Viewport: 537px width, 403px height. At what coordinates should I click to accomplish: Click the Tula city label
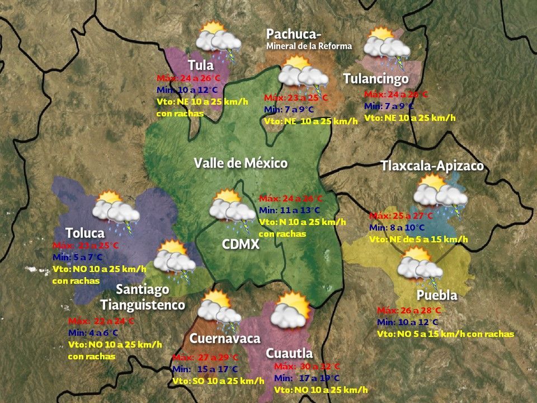pyautogui.click(x=201, y=65)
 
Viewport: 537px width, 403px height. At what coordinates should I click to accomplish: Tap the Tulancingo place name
pyautogui.click(x=375, y=79)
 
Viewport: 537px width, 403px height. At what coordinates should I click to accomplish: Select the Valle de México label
pyautogui.click(x=241, y=163)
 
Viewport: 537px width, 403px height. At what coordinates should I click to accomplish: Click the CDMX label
pyautogui.click(x=241, y=245)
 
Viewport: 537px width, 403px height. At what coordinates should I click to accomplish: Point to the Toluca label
pyautogui.click(x=85, y=233)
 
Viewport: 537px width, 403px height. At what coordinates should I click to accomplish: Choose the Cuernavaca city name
pyautogui.click(x=225, y=339)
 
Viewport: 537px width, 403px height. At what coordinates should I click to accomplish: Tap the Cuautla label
pyautogui.click(x=289, y=353)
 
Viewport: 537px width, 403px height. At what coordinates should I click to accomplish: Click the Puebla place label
pyautogui.click(x=437, y=295)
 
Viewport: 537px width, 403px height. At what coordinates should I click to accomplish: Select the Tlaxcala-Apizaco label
pyautogui.click(x=432, y=166)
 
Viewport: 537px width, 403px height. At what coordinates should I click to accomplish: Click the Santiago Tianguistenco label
pyautogui.click(x=143, y=297)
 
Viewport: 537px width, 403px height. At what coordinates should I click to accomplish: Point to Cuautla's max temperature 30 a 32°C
pyautogui.click(x=307, y=367)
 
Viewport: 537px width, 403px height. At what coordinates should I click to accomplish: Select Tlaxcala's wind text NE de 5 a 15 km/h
pyautogui.click(x=418, y=239)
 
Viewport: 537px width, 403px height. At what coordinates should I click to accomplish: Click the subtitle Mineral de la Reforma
pyautogui.click(x=309, y=46)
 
